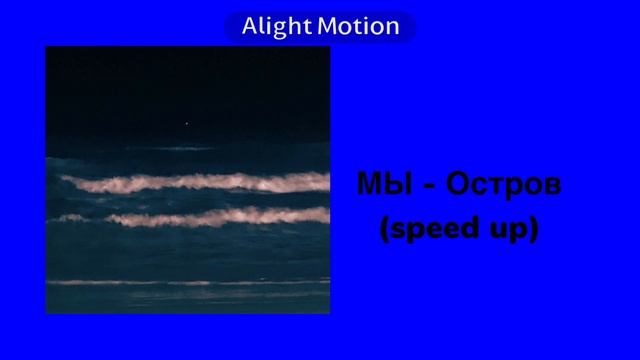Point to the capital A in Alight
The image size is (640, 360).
click(x=249, y=27)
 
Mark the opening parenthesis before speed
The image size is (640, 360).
click(x=385, y=229)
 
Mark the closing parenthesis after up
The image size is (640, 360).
click(x=534, y=229)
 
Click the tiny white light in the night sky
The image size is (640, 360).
click(x=185, y=124)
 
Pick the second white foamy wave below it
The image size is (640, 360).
click(x=200, y=216)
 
